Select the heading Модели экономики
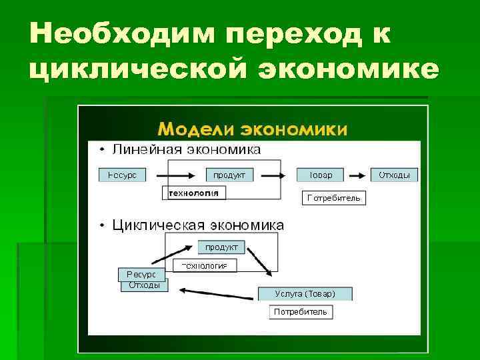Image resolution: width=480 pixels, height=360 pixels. [x=252, y=129]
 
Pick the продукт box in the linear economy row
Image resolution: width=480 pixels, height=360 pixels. [x=229, y=175]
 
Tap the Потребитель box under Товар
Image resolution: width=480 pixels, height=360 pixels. [x=334, y=198]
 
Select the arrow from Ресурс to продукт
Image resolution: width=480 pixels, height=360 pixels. [x=175, y=175]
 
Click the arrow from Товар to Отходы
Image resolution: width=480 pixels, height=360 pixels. [x=359, y=175]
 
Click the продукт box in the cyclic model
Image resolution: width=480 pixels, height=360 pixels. [x=221, y=247]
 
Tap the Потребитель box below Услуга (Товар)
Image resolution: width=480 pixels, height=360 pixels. [x=301, y=312]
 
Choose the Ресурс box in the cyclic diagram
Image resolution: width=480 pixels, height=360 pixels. [x=141, y=275]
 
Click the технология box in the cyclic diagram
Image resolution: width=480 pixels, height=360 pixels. [x=205, y=265]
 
